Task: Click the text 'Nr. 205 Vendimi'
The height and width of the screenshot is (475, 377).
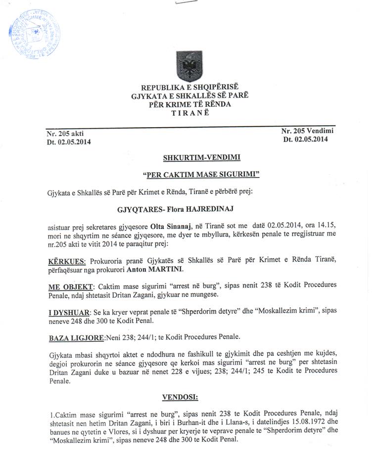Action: tap(307, 131)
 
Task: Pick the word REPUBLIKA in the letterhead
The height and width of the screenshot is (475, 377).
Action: tap(161, 88)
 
